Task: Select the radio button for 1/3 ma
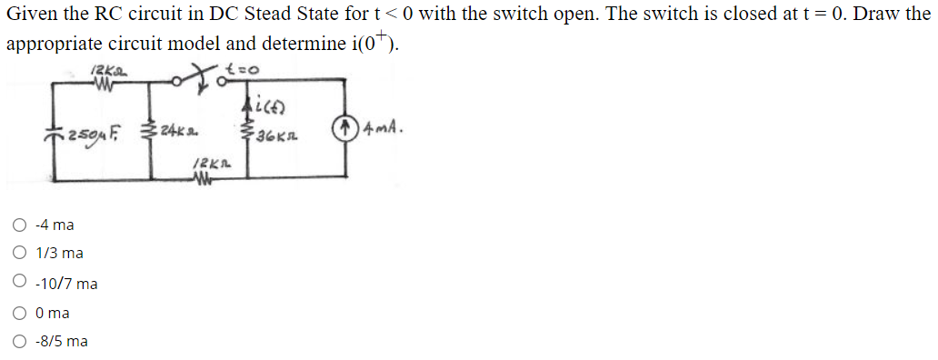click(19, 255)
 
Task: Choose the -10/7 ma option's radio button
click(19, 284)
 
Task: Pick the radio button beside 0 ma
click(19, 313)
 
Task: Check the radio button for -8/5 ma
click(19, 342)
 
